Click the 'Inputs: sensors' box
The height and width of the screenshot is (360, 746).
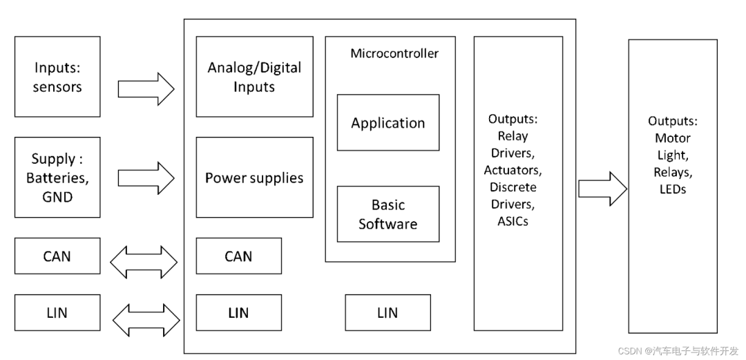tap(57, 77)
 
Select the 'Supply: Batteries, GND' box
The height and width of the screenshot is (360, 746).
tap(57, 178)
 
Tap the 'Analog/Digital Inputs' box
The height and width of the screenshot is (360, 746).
tap(254, 77)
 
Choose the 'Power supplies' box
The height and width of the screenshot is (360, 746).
tap(254, 178)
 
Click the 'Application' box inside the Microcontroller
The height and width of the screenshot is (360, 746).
tap(388, 123)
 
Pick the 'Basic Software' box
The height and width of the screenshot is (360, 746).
tap(388, 214)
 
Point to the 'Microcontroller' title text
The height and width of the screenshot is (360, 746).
tap(394, 53)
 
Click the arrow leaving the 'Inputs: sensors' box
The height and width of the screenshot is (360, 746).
tap(146, 88)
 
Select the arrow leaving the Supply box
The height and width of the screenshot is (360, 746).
tap(146, 178)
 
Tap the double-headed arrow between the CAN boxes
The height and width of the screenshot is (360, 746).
tap(144, 262)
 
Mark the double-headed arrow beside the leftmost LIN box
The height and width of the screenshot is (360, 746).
tap(146, 319)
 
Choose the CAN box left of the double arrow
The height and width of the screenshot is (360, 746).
tap(57, 256)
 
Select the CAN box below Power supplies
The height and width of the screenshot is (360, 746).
tap(238, 256)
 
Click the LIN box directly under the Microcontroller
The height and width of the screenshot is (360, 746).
tap(388, 312)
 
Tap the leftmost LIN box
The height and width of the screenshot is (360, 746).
tap(57, 312)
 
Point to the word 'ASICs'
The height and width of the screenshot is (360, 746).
tap(513, 221)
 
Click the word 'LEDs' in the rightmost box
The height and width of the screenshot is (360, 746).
tap(672, 189)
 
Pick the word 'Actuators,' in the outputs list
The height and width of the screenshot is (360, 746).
tap(513, 169)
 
